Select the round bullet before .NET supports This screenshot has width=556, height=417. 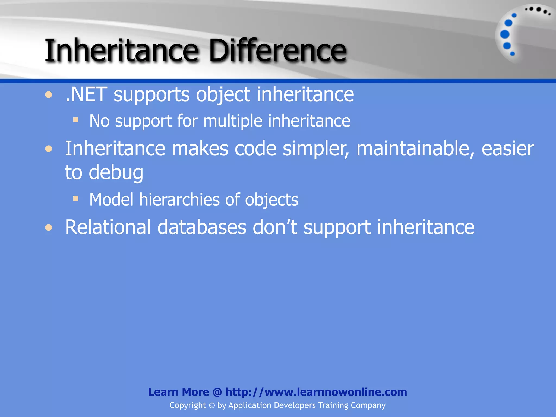(49, 95)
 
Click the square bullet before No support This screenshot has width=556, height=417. (76, 120)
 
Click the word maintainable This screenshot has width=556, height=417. (415, 149)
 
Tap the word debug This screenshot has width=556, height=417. (116, 173)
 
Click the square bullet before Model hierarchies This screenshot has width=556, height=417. (76, 199)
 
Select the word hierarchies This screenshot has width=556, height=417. (179, 200)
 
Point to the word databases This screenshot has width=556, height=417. (202, 227)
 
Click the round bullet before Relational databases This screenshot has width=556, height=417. (49, 228)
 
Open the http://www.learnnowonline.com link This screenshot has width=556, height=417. (316, 392)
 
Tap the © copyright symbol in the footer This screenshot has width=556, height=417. (212, 406)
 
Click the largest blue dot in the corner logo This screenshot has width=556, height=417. (505, 34)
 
